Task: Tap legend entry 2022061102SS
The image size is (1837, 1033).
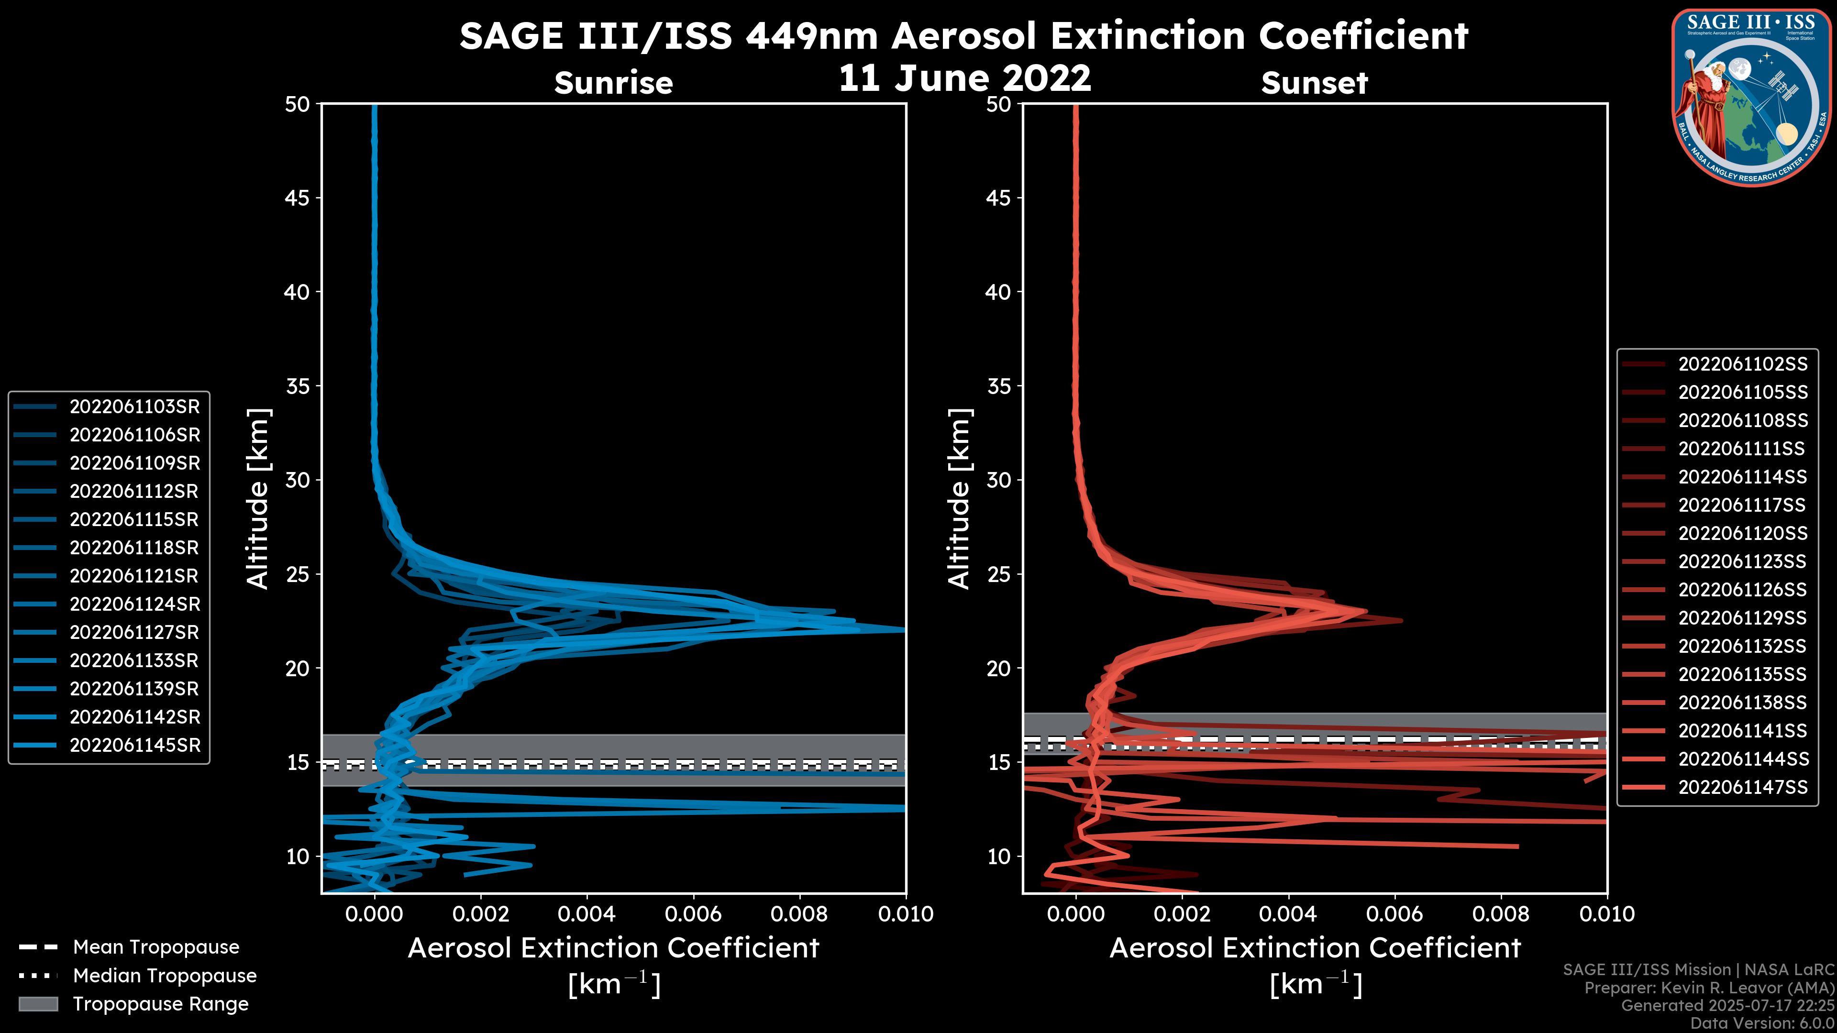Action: [1742, 364]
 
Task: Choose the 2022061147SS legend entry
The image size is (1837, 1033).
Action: [1742, 788]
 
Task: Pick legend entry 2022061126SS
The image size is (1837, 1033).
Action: [1742, 590]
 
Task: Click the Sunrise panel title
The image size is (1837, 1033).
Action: [613, 83]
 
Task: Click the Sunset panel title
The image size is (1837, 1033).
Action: [1314, 83]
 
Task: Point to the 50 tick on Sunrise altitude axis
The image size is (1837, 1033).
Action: [298, 105]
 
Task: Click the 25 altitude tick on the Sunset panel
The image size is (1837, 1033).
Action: [998, 574]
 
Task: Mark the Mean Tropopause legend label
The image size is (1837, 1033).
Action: [156, 947]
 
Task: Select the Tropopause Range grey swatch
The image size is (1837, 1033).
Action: [38, 1004]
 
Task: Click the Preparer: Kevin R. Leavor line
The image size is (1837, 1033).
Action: [1709, 988]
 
